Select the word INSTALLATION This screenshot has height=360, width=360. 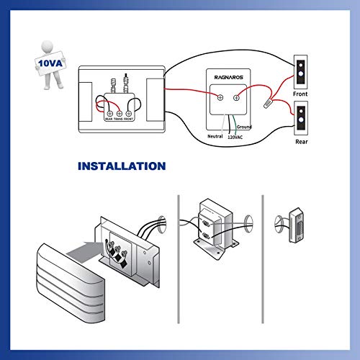pyautogui.click(x=122, y=166)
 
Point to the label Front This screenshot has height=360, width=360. pyautogui.click(x=301, y=95)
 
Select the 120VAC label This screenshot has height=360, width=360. pyautogui.click(x=235, y=135)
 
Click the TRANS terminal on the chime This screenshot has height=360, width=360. pyautogui.click(x=120, y=113)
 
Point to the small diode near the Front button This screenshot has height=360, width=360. pyautogui.click(x=268, y=104)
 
